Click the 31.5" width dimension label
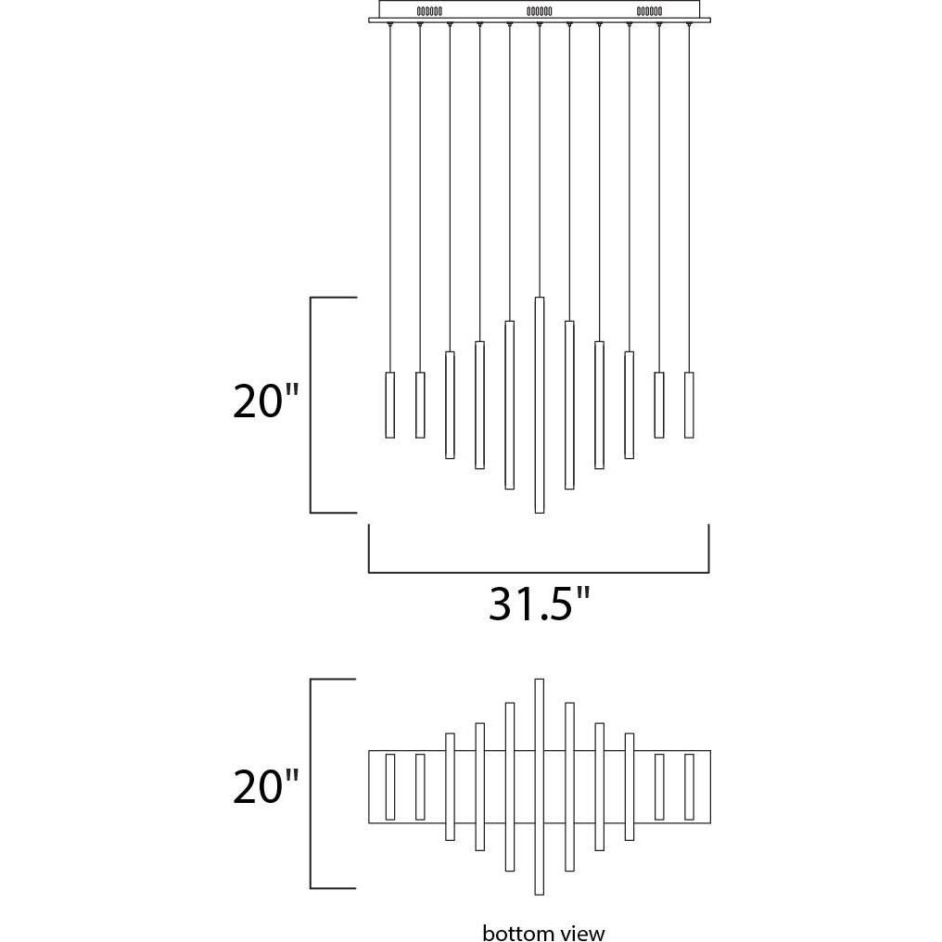click(539, 604)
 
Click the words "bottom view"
click(543, 933)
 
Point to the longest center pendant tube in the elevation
click(540, 405)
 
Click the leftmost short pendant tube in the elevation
click(390, 405)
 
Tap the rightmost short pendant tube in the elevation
click(689, 405)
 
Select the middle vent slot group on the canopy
click(539, 11)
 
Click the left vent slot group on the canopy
click(429, 11)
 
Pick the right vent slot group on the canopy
click(649, 11)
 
